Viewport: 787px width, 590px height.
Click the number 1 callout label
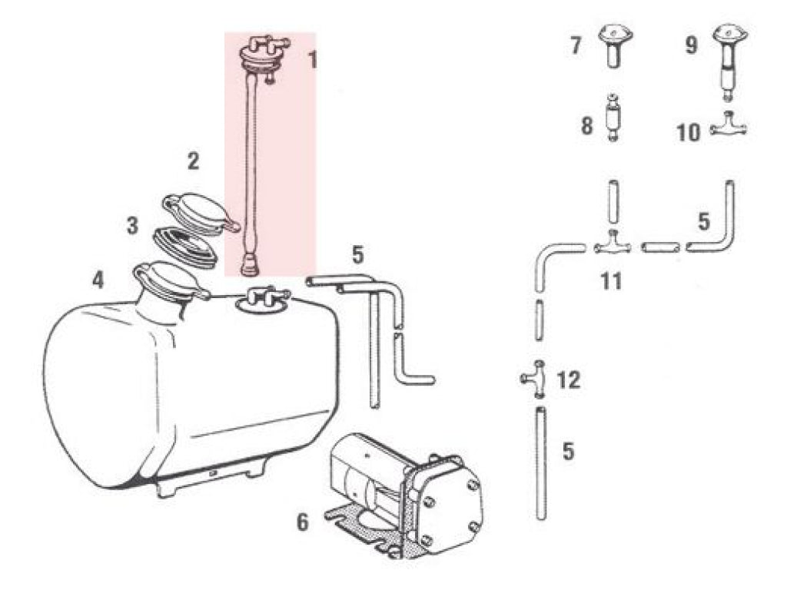click(x=312, y=60)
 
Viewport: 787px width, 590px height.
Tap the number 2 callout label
click(x=193, y=161)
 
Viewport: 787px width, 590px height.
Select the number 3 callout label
click(x=132, y=225)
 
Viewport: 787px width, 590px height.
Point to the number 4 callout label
click(x=98, y=280)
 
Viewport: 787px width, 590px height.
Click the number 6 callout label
click(x=302, y=522)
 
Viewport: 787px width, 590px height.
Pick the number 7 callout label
click(x=576, y=45)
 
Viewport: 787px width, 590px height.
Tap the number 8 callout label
click(x=586, y=125)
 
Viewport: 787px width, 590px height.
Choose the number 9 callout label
click(x=691, y=45)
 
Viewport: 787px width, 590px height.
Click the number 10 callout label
click(x=688, y=133)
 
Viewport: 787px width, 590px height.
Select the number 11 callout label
click(x=611, y=281)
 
